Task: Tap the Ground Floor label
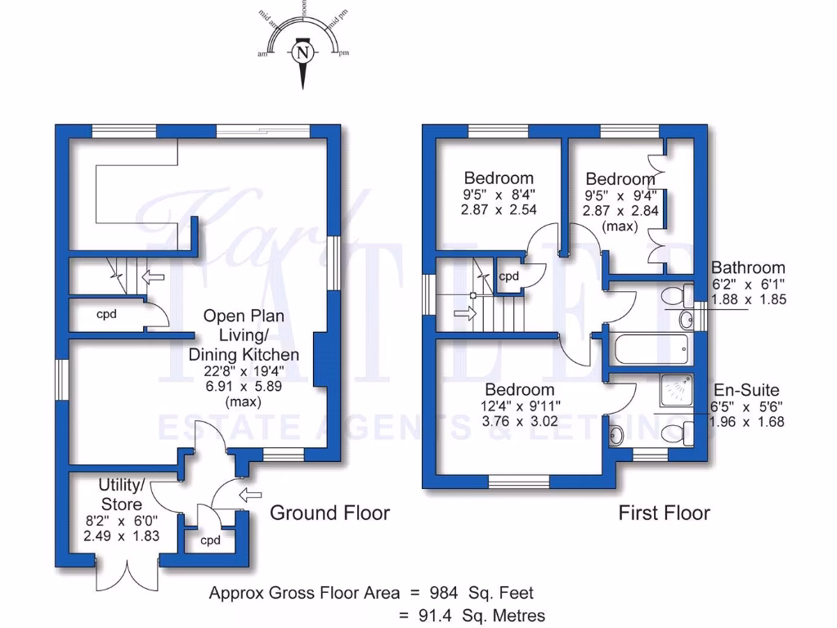click(x=329, y=513)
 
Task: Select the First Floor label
click(x=664, y=513)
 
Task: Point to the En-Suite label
click(x=746, y=390)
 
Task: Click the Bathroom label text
click(x=748, y=267)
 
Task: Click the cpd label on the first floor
click(x=509, y=276)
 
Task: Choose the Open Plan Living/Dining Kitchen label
click(x=244, y=335)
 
